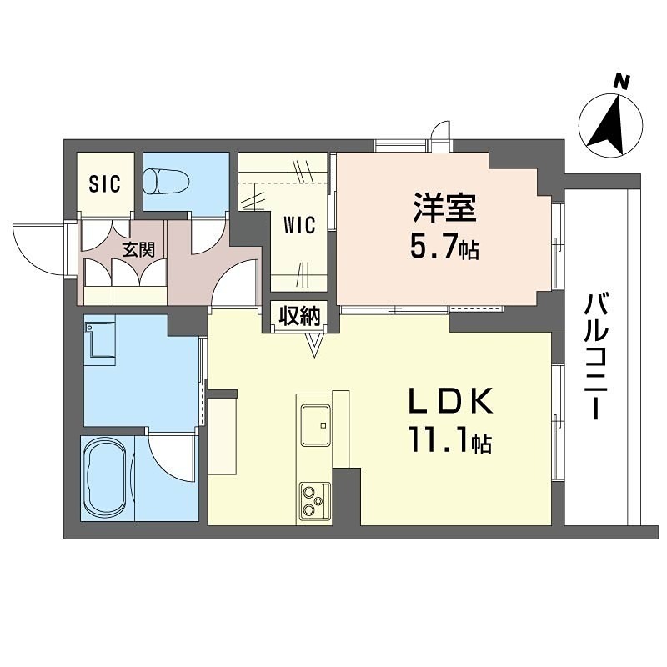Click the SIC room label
[x=105, y=183]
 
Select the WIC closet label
[x=298, y=226]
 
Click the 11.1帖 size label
[x=450, y=440]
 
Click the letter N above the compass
[x=619, y=81]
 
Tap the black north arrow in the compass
[x=611, y=125]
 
